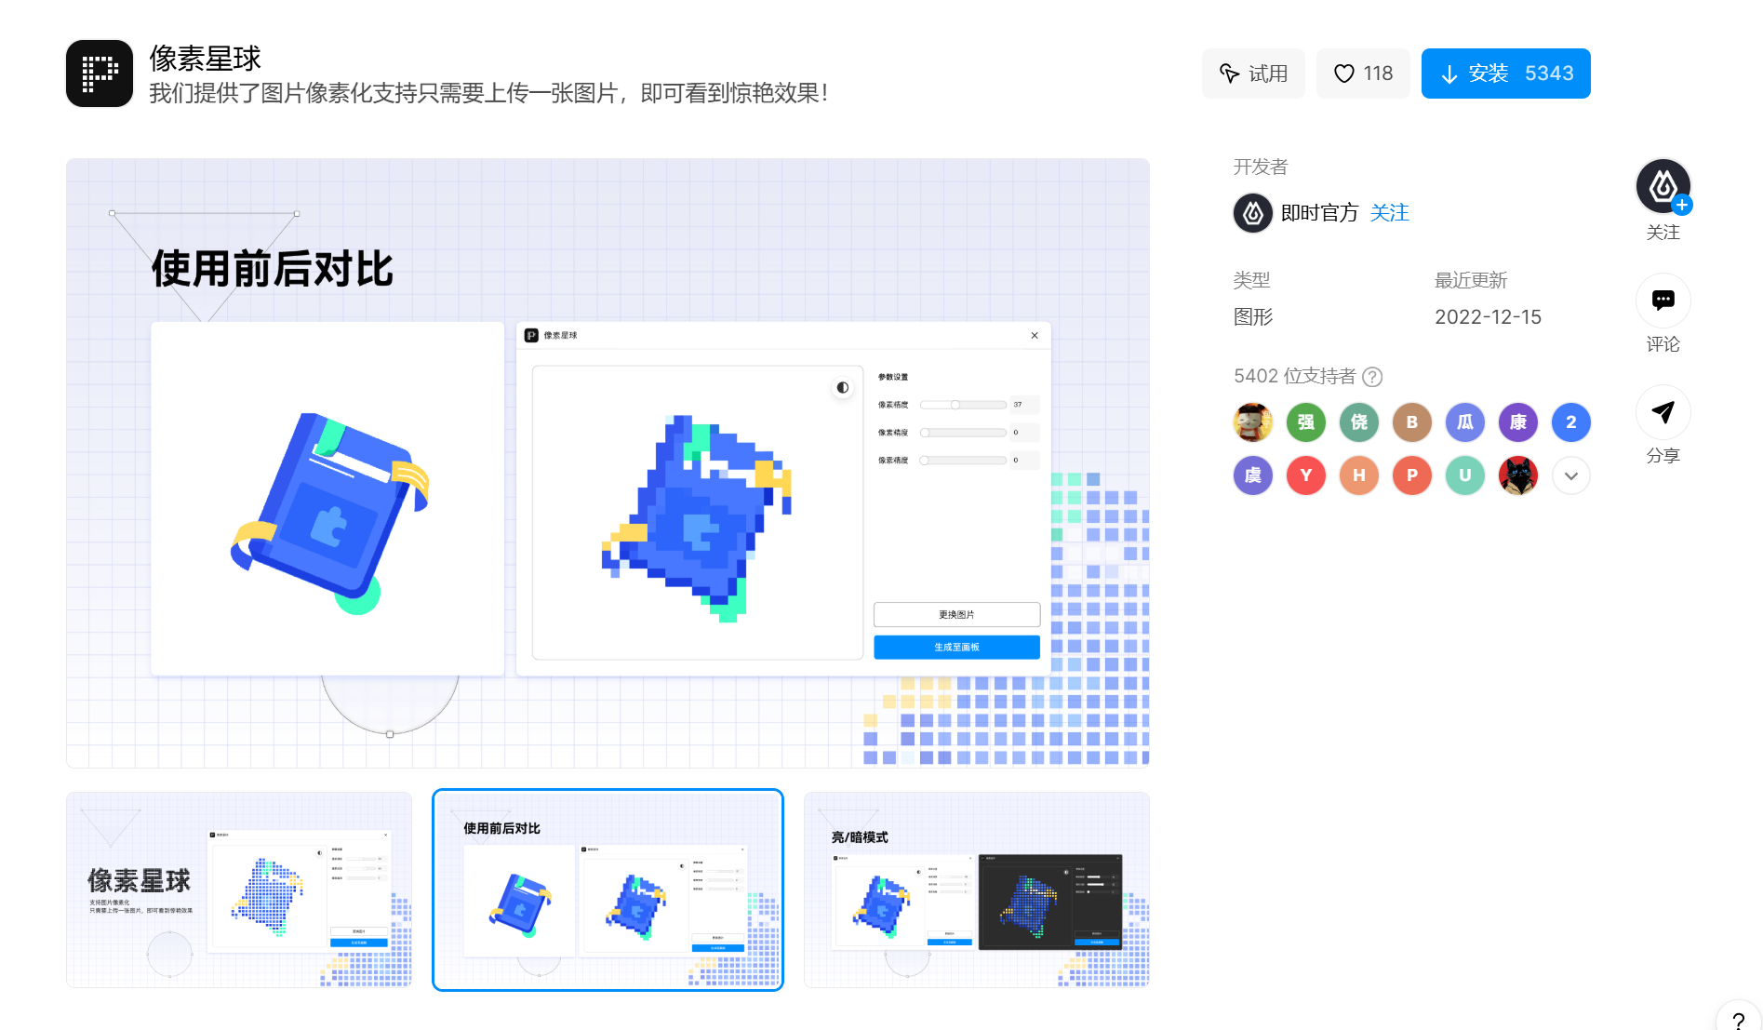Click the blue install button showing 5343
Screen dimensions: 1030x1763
[1505, 74]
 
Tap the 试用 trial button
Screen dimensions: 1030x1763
[1253, 74]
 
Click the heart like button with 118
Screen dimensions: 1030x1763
[1363, 74]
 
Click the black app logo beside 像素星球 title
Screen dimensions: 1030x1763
[100, 74]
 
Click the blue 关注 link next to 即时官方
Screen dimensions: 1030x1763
[1389, 213]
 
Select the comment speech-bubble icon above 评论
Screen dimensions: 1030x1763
[1663, 301]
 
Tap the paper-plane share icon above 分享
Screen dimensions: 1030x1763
[1663, 412]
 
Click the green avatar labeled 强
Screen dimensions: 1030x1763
[1305, 422]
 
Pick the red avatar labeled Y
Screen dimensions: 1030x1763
[1305, 475]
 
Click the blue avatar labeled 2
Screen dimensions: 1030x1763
[1570, 422]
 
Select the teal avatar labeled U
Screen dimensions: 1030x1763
[1464, 475]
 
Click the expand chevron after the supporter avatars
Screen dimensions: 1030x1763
[1570, 475]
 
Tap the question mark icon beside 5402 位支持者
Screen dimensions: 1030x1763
[1372, 377]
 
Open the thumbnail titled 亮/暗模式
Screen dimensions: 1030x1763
[976, 890]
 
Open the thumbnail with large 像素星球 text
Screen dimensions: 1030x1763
[238, 890]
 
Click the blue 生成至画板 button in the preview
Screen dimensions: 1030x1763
[956, 647]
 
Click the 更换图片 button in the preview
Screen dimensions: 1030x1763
[956, 614]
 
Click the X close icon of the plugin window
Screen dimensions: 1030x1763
[1035, 335]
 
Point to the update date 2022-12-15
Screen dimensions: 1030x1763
[1488, 317]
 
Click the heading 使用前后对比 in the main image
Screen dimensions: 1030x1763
[272, 269]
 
